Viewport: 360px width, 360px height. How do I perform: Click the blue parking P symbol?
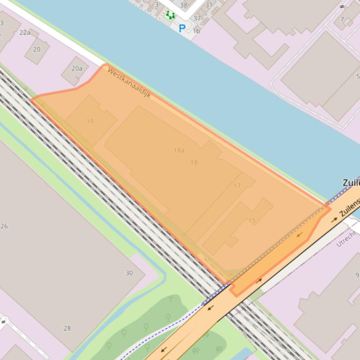[x=182, y=29]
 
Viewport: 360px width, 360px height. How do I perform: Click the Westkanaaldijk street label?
[x=129, y=82]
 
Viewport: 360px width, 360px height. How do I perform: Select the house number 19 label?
[x=90, y=121]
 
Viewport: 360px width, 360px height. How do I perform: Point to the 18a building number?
[x=179, y=150]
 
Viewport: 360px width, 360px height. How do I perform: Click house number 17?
[x=237, y=186]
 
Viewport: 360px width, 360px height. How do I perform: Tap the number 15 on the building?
[x=252, y=221]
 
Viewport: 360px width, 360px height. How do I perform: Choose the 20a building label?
[x=77, y=68]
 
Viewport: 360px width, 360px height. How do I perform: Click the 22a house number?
[x=25, y=33]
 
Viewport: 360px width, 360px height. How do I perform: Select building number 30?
[x=129, y=273]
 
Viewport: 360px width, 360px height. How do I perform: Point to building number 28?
[x=67, y=328]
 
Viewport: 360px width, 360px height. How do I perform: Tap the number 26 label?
[x=4, y=226]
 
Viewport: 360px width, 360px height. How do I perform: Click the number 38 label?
[x=184, y=6]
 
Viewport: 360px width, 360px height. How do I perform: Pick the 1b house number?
[x=196, y=31]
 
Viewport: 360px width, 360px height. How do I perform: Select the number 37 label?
[x=197, y=19]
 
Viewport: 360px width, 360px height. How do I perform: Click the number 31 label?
[x=209, y=5]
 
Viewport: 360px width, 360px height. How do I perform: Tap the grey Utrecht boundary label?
[x=346, y=238]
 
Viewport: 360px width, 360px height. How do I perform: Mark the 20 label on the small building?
[x=37, y=49]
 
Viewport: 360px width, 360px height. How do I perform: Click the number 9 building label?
[x=357, y=275]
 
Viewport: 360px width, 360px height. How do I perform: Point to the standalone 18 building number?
[x=194, y=162]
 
